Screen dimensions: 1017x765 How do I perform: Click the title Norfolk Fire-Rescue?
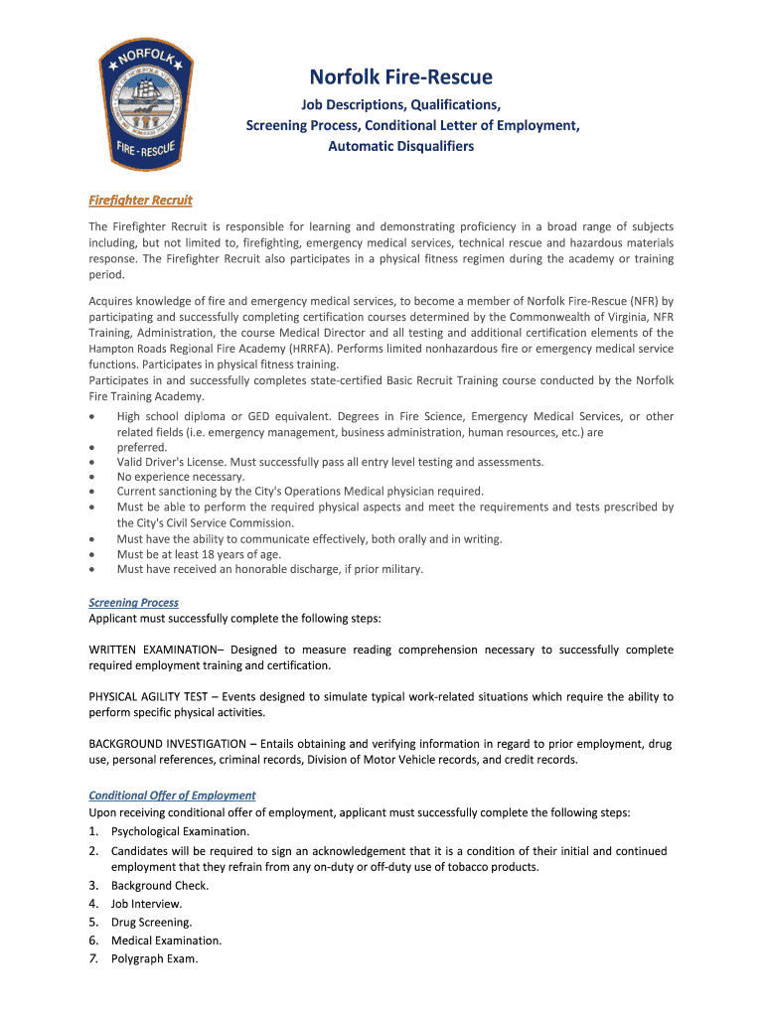coord(400,76)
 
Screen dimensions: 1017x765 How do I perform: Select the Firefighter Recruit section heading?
coord(140,201)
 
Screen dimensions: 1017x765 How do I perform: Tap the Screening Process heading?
coord(133,603)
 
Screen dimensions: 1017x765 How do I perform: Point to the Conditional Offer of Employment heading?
coord(172,796)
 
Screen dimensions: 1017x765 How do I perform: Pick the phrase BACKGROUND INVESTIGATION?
coord(167,743)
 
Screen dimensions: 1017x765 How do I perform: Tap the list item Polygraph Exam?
coord(154,958)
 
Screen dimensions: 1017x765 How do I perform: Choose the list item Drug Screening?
coord(151,922)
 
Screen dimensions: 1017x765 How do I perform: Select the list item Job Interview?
coord(146,904)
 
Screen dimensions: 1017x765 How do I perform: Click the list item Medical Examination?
coord(166,941)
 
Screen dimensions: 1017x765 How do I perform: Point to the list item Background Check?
coord(159,885)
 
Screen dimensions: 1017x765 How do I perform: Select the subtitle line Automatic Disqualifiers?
coord(400,147)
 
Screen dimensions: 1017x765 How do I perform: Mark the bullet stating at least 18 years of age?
coord(199,554)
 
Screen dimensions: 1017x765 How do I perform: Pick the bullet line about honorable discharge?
coord(269,569)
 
